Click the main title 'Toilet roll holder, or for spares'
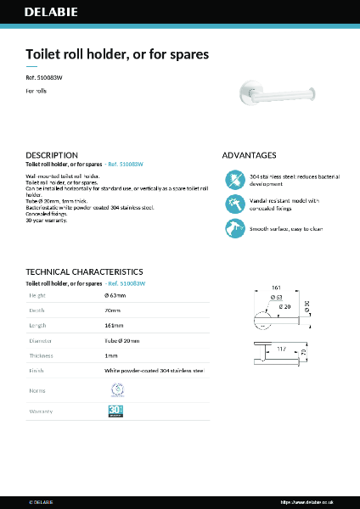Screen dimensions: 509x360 (x=117, y=53)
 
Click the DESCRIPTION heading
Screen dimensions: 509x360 (x=52, y=155)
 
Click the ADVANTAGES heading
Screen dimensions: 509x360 (x=249, y=155)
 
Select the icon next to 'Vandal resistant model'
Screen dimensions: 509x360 (x=234, y=204)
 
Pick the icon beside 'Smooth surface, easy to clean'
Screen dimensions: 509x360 (x=234, y=228)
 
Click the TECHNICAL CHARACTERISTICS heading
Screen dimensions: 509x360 (x=84, y=271)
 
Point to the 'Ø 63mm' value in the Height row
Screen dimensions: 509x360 (x=115, y=295)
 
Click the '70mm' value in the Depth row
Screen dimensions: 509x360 (x=112, y=310)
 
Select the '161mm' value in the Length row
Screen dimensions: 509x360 (x=114, y=325)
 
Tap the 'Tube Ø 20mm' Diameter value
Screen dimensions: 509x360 (x=121, y=340)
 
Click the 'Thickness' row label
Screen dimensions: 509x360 (x=42, y=355)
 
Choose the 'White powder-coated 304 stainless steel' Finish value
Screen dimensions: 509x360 (x=154, y=371)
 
